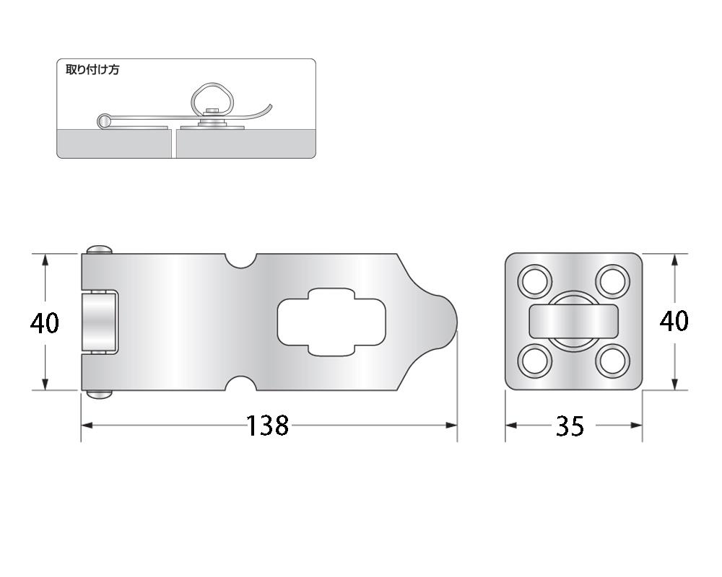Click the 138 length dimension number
pyautogui.click(x=268, y=426)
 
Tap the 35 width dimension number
pyautogui.click(x=570, y=426)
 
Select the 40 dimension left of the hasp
pyautogui.click(x=45, y=322)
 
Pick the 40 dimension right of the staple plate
pyautogui.click(x=674, y=321)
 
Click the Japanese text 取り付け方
pyautogui.click(x=92, y=69)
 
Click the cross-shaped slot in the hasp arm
pyautogui.click(x=331, y=322)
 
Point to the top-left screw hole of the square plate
pyautogui.click(x=535, y=281)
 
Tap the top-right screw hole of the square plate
pyautogui.click(x=612, y=281)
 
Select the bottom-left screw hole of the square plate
pyautogui.click(x=535, y=361)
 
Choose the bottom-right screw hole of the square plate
pyautogui.click(x=612, y=361)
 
